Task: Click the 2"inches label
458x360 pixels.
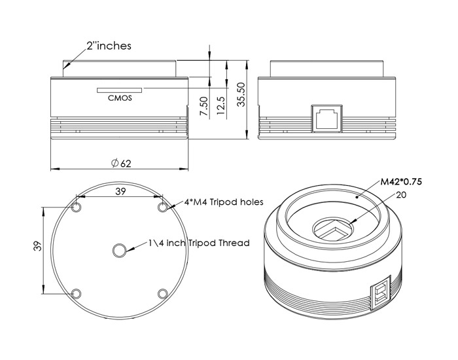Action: [x=109, y=46]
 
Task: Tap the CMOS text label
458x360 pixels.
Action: [x=120, y=98]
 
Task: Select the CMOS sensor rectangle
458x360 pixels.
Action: [x=120, y=90]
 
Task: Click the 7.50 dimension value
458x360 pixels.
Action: [x=204, y=106]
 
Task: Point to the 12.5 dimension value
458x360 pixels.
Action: [x=221, y=106]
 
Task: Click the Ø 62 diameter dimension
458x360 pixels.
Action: [x=121, y=163]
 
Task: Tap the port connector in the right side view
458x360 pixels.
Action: [x=327, y=118]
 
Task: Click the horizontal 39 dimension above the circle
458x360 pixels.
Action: [x=120, y=191]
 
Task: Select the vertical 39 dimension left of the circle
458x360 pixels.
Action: [x=38, y=246]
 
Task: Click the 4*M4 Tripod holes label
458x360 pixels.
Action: [x=224, y=202]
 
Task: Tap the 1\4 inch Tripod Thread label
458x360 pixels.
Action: [x=199, y=243]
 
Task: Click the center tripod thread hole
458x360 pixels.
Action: [x=120, y=251]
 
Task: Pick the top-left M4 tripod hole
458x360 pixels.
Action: [x=77, y=207]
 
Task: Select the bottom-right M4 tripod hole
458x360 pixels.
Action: [x=163, y=293]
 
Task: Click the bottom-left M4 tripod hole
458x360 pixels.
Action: [x=77, y=293]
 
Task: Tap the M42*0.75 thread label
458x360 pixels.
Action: [x=401, y=182]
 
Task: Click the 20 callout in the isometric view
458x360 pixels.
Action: [x=401, y=195]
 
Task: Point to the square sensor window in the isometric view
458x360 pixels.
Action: [x=333, y=229]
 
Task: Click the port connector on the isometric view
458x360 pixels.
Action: [x=381, y=292]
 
